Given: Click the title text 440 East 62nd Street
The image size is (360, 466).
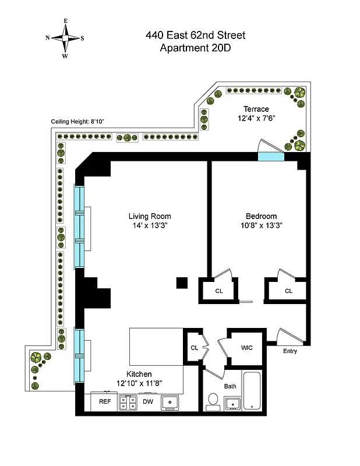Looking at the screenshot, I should (x=195, y=36).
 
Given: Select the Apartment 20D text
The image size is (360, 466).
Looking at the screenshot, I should (x=195, y=48).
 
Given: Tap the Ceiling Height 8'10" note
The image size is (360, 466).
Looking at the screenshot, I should (x=77, y=122).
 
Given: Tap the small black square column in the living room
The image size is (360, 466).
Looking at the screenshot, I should (x=182, y=283).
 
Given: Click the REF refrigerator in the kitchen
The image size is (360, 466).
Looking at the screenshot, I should (x=105, y=401).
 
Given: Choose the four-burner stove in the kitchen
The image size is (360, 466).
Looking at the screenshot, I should (x=128, y=402).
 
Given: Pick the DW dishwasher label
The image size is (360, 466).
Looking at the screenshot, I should (x=149, y=401).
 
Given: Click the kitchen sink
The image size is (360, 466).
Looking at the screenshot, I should (x=171, y=402).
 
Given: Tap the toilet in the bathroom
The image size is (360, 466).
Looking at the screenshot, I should (x=213, y=401).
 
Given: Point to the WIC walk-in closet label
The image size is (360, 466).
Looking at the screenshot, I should (x=246, y=348).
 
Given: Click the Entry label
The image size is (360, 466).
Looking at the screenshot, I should (x=290, y=351).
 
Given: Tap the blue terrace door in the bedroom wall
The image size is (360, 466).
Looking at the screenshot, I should (x=271, y=156).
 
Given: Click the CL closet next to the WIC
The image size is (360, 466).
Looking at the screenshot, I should (x=194, y=348).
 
